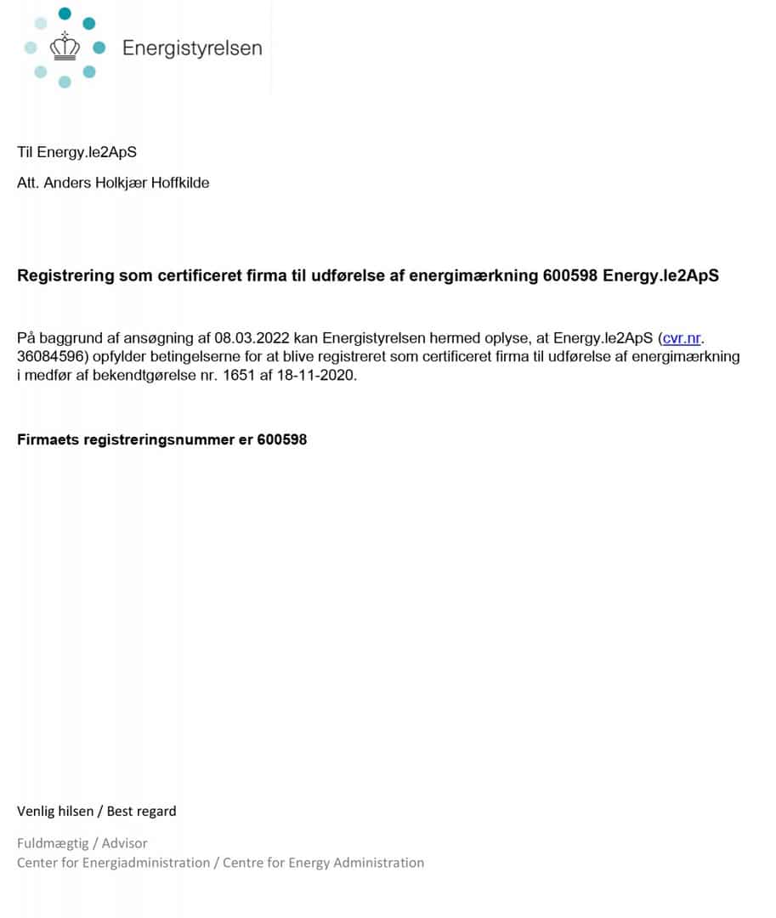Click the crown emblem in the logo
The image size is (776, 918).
[x=65, y=47]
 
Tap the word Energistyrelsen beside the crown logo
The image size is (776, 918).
[x=192, y=48]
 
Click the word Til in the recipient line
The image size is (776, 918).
[x=25, y=153]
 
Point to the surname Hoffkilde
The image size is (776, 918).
[x=180, y=183]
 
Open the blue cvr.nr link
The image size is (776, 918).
[x=683, y=338]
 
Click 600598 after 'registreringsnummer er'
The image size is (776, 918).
[x=281, y=439]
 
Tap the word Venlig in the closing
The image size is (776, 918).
[x=37, y=811]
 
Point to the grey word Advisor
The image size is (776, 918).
[x=125, y=843]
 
